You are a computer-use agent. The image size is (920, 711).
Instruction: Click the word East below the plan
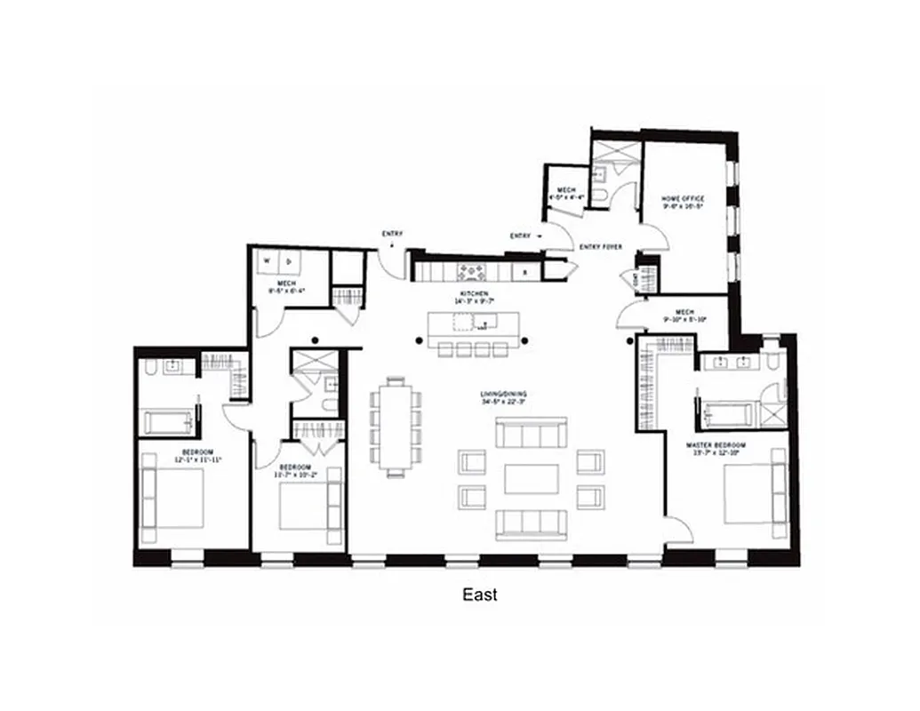tap(479, 595)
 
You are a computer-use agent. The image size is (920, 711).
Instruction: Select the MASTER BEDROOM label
tap(716, 443)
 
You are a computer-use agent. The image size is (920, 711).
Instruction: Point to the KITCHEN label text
tap(473, 293)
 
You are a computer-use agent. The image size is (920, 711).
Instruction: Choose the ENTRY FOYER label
tap(600, 246)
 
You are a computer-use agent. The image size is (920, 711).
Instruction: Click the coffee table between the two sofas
tap(531, 478)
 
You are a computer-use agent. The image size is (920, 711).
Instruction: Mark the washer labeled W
tap(267, 261)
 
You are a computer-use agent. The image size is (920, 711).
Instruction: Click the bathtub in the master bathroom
tap(727, 414)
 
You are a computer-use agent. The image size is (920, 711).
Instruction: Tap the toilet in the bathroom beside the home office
tap(601, 195)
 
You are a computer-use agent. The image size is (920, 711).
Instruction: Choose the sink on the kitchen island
tap(485, 321)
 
